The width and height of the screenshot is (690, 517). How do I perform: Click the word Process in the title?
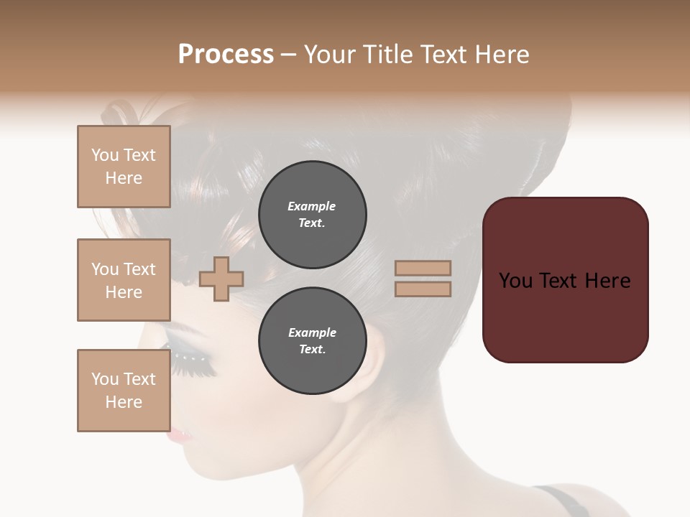pos(226,55)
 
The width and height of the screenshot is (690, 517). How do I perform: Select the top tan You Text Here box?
pos(124,167)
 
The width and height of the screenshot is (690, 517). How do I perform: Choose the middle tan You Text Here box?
pos(124,280)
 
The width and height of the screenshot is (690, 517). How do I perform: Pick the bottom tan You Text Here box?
pos(124,391)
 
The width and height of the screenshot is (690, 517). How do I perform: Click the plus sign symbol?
pos(221,279)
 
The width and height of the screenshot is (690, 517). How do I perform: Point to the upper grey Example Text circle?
pos(313,215)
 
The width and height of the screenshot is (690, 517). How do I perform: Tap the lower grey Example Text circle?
pos(313,341)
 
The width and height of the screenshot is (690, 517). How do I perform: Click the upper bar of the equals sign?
pos(423,269)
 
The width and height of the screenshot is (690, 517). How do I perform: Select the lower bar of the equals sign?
pos(423,289)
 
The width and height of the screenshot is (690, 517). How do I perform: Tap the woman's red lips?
pos(178,435)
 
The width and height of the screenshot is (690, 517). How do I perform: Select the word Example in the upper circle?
pos(312,206)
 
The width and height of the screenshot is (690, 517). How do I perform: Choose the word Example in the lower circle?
pos(312,332)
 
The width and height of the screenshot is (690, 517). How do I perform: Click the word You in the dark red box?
pos(515,281)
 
